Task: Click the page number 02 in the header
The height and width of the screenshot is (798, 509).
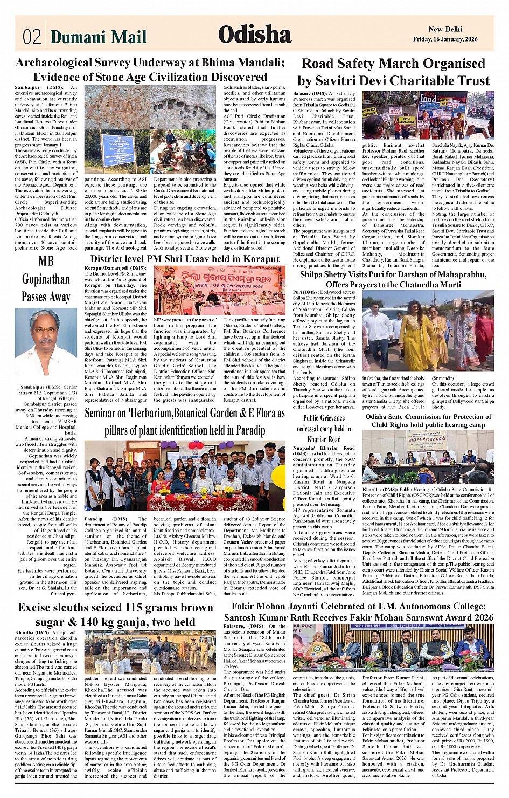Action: pyautogui.click(x=31, y=37)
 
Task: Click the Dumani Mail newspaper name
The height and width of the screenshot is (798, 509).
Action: pyautogui.click(x=98, y=37)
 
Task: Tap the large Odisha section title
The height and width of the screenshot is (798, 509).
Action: pyautogui.click(x=255, y=35)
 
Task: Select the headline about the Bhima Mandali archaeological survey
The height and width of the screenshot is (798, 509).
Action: pyautogui.click(x=150, y=70)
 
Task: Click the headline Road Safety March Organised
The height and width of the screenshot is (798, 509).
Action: pyautogui.click(x=393, y=72)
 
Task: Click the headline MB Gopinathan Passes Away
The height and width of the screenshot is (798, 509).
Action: pyautogui.click(x=46, y=279)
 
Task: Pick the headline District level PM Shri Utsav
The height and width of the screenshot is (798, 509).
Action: pyautogui.click(x=185, y=259)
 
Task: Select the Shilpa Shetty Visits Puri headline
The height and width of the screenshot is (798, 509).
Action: pyautogui.click(x=393, y=279)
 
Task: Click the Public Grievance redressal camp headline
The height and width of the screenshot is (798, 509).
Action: pyautogui.click(x=324, y=428)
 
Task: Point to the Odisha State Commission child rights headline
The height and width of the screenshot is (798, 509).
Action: pyautogui.click(x=428, y=421)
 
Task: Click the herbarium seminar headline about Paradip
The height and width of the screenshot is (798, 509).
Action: pyautogui.click(x=185, y=421)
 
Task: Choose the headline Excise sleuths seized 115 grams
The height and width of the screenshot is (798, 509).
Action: pyautogui.click(x=115, y=615)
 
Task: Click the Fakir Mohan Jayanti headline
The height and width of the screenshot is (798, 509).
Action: pyautogui.click(x=358, y=611)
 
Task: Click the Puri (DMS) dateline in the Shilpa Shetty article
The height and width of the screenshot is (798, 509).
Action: pyautogui.click(x=305, y=292)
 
